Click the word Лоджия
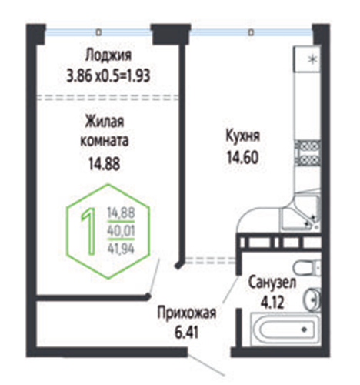108,55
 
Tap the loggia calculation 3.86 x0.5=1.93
108,76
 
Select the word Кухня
242,136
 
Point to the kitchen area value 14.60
242,157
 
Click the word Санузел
272,283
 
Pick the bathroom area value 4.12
272,303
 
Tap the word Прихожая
187,313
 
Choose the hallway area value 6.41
187,333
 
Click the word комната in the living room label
105,141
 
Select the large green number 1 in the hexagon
89,232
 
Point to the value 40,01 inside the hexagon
121,230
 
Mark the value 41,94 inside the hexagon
121,249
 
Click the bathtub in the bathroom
285,329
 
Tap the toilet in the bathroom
307,268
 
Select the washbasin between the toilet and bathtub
313,300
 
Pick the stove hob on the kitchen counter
308,153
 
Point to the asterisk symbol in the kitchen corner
312,59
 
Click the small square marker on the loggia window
98,32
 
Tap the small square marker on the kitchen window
251,32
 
